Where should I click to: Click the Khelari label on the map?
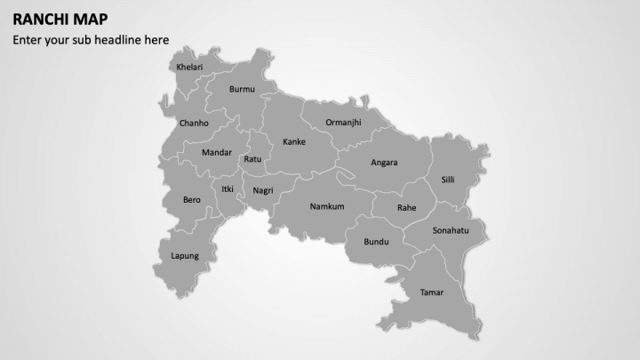click(189, 68)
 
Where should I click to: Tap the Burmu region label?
click(242, 89)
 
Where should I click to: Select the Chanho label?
click(194, 124)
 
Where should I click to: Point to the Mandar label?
click(217, 153)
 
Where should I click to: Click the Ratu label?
click(252, 159)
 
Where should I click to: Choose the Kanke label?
click(294, 142)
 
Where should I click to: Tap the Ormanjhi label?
click(343, 123)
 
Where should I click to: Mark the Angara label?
click(384, 163)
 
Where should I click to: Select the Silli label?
click(448, 180)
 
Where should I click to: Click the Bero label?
click(192, 200)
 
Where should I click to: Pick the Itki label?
click(228, 188)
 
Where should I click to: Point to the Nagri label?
click(262, 191)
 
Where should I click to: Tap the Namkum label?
click(326, 207)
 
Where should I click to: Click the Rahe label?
click(406, 208)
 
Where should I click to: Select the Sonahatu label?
click(451, 231)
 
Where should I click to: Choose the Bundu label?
click(377, 242)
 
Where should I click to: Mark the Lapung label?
click(185, 256)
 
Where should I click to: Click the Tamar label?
click(431, 292)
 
